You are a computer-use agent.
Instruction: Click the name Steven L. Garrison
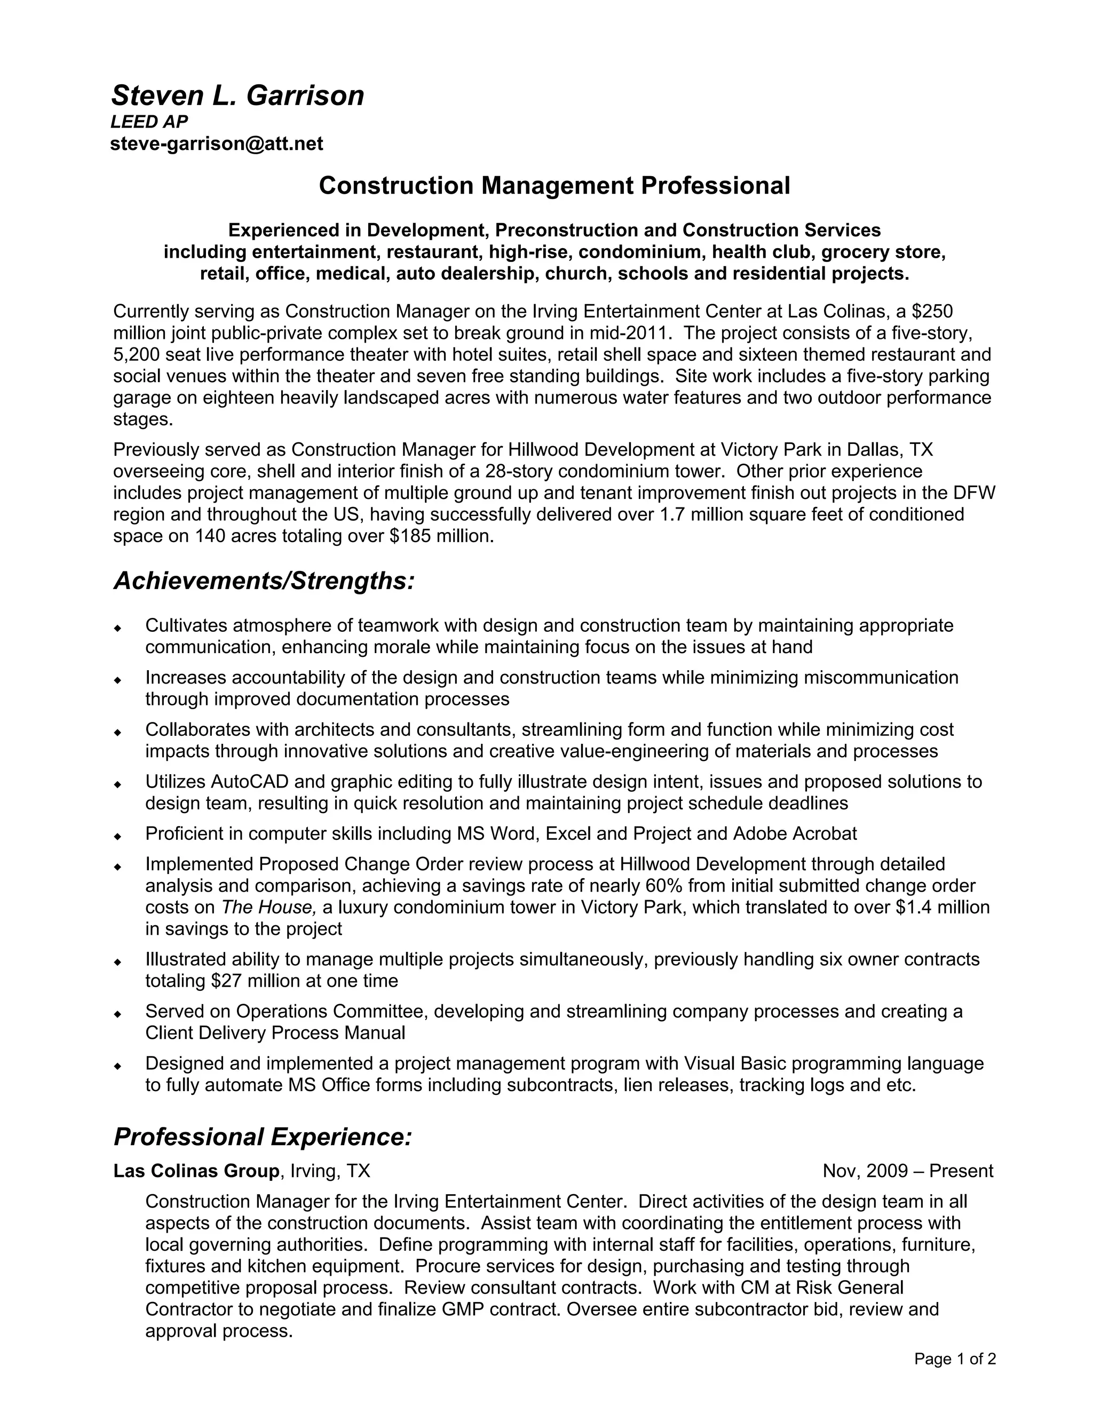[x=237, y=96]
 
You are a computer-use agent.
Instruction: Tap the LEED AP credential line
[x=149, y=122]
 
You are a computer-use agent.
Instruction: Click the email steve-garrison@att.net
[x=216, y=143]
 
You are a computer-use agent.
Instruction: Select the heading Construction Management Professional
[x=555, y=186]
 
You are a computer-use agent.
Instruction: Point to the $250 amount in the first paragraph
[x=932, y=312]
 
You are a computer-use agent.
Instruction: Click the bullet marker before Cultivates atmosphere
[x=118, y=628]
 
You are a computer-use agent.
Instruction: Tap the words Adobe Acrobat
[x=795, y=834]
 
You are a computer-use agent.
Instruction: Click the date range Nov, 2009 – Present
[x=907, y=1171]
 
